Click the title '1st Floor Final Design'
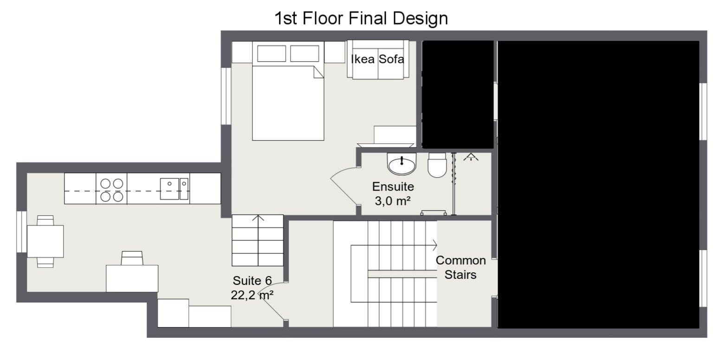click(x=361, y=19)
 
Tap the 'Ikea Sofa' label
click(x=377, y=59)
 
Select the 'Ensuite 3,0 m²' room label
click(x=393, y=194)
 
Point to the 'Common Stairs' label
click(x=460, y=267)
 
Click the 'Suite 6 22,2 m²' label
click(x=252, y=288)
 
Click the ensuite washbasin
click(x=402, y=164)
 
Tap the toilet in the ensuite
click(x=437, y=165)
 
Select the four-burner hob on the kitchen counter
click(x=111, y=190)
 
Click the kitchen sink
click(x=174, y=189)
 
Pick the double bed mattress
click(x=288, y=103)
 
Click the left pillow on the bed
click(x=272, y=53)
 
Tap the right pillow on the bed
click(x=305, y=53)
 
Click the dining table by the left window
click(x=45, y=241)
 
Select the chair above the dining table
click(x=45, y=220)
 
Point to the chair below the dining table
click(x=45, y=263)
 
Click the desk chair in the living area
click(x=132, y=258)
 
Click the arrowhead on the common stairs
click(x=434, y=245)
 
